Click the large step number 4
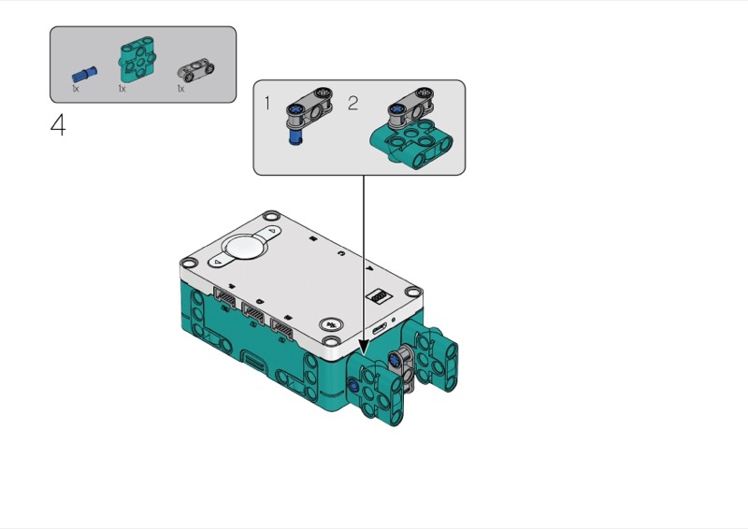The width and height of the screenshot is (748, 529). point(58,125)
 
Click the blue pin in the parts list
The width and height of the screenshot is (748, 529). point(84,74)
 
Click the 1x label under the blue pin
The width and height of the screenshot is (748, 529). point(76,89)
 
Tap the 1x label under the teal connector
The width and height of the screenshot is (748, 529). point(122,89)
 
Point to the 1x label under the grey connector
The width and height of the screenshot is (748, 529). point(180,89)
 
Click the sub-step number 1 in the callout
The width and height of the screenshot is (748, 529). point(267,103)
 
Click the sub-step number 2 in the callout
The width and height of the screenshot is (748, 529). point(352,103)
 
